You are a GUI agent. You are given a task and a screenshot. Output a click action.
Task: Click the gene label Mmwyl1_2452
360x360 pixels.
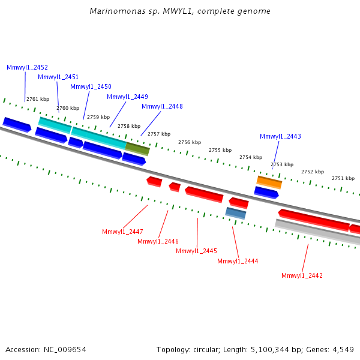pyautogui.click(x=28, y=67)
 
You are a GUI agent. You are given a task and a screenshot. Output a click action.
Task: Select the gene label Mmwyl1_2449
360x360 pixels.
pyautogui.click(x=127, y=97)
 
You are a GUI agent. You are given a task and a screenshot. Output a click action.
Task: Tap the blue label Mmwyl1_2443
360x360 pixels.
pyautogui.click(x=280, y=136)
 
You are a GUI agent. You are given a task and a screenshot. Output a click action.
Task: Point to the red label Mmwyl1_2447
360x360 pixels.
pyautogui.click(x=122, y=232)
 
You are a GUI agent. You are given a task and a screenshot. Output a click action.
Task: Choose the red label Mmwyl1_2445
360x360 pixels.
pyautogui.click(x=197, y=251)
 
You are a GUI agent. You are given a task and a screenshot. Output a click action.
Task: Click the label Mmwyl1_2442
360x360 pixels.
pyautogui.click(x=302, y=275)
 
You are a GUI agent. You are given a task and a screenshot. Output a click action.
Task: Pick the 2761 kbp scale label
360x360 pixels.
pyautogui.click(x=38, y=99)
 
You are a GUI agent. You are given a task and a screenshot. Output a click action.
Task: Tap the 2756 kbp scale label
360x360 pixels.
pyautogui.click(x=190, y=143)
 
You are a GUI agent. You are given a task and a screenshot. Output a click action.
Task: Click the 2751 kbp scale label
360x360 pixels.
pyautogui.click(x=343, y=178)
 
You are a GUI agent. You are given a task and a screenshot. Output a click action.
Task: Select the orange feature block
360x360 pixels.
pyautogui.click(x=269, y=182)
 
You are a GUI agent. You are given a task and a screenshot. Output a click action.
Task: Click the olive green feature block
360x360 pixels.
pyautogui.click(x=137, y=149)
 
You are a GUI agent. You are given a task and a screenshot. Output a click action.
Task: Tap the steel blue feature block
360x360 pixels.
pyautogui.click(x=236, y=213)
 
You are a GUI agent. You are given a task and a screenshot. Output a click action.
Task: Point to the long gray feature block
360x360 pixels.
pyautogui.click(x=317, y=232)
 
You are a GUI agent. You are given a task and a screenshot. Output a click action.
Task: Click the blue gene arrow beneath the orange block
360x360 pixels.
pyautogui.click(x=266, y=193)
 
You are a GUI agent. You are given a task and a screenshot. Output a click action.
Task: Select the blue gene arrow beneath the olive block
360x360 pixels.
pyautogui.click(x=134, y=159)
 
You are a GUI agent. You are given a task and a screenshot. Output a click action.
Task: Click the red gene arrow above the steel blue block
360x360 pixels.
pyautogui.click(x=239, y=203)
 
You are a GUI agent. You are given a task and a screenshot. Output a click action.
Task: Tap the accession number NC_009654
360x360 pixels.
pyautogui.click(x=65, y=350)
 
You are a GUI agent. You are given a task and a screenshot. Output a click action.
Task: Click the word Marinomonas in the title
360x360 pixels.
pyautogui.click(x=118, y=11)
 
